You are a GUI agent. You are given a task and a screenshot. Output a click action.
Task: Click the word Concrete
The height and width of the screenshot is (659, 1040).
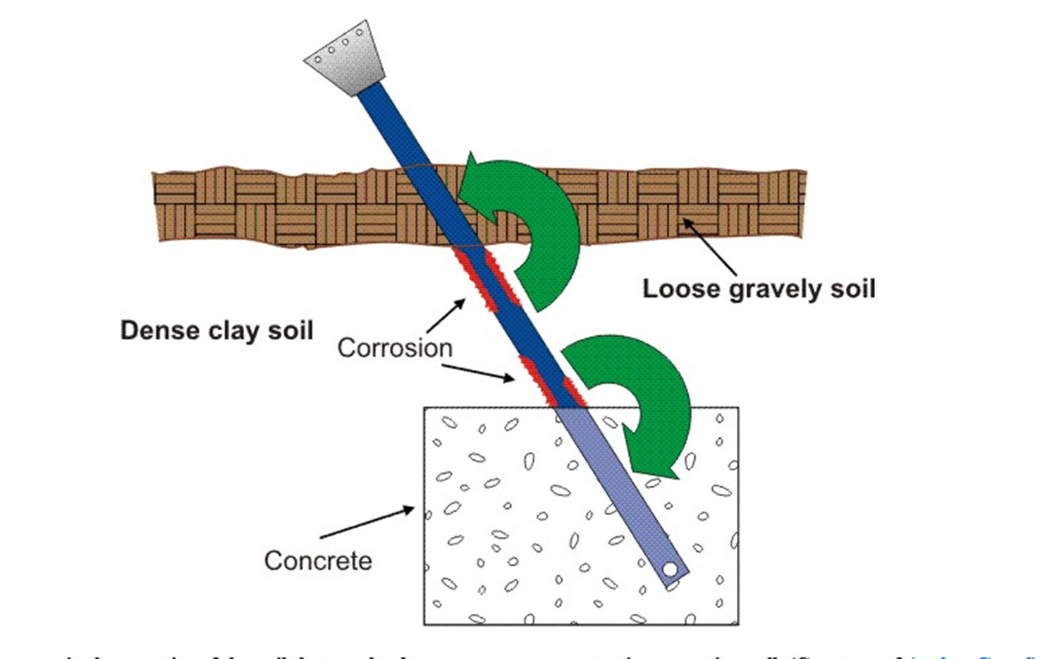(318, 561)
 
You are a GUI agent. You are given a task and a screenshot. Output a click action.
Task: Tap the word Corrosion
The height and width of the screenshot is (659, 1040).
(394, 348)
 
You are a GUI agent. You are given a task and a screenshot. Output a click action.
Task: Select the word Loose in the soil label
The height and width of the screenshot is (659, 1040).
(681, 289)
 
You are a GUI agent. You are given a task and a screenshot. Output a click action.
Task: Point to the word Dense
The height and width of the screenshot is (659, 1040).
(159, 330)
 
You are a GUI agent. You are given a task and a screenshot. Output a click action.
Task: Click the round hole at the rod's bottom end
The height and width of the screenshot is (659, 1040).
(670, 569)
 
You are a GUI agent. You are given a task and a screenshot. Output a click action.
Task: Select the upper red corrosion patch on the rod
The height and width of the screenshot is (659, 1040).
(487, 279)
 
